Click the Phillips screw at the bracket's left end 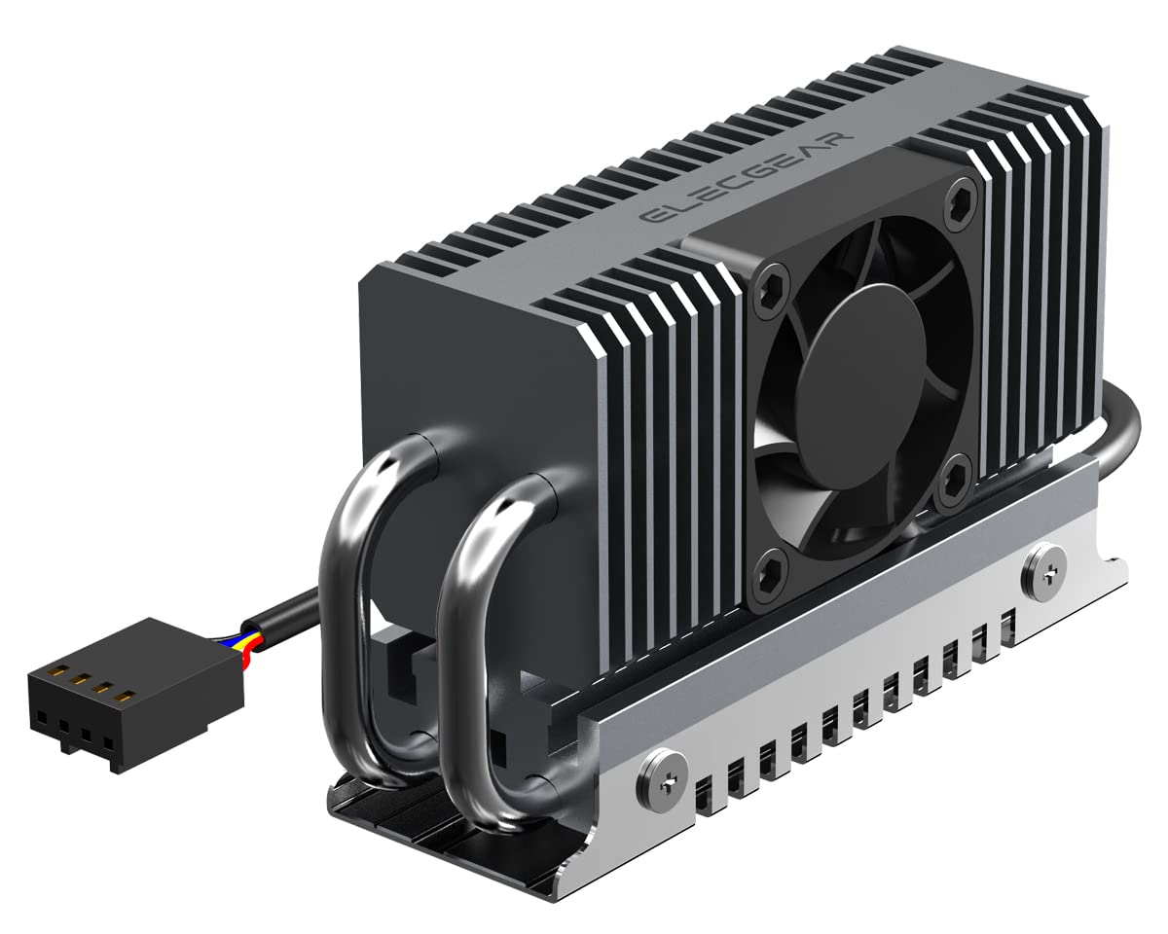pyautogui.click(x=653, y=775)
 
